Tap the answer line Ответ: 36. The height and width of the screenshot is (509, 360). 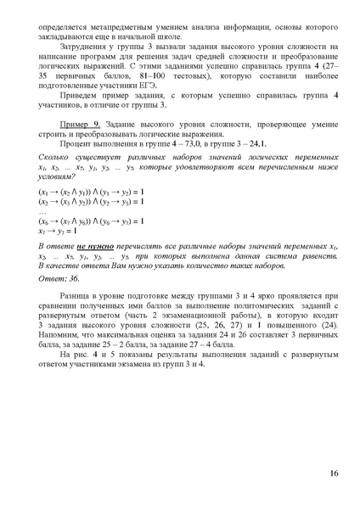click(58, 277)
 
